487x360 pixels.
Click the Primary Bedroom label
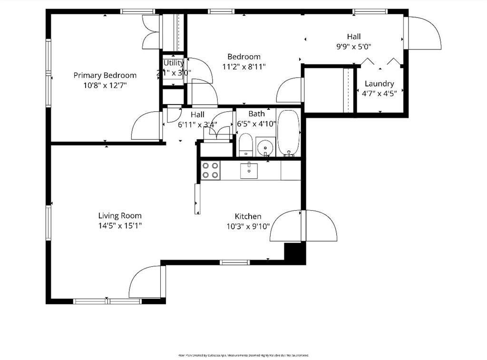point(105,75)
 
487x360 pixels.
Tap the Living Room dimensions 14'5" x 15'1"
point(120,226)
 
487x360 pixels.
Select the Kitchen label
point(247,216)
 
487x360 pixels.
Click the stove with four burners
point(210,170)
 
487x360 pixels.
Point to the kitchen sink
point(249,170)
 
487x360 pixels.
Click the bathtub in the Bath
point(288,133)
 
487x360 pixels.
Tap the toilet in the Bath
point(245,145)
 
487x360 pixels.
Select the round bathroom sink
point(265,148)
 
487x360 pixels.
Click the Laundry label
point(379,84)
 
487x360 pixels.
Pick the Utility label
point(174,63)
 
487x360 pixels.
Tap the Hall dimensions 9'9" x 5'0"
point(354,47)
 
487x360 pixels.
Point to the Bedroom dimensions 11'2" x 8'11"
point(243,67)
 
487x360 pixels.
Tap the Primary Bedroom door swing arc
point(146,126)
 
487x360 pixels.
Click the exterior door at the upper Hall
point(422,33)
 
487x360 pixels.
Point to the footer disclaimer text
point(243,355)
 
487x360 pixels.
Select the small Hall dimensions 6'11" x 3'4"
point(197,125)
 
